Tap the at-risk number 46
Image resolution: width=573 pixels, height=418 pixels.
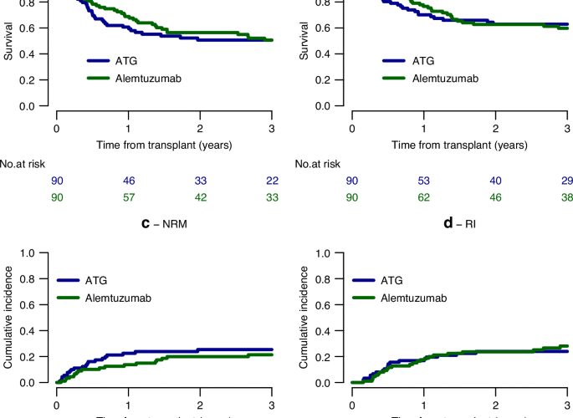128,181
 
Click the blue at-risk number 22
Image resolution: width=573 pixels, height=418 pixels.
271,181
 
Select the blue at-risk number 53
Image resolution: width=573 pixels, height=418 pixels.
424,181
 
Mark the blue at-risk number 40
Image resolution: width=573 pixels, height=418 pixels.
495,181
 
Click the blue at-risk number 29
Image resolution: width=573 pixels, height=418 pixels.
566,181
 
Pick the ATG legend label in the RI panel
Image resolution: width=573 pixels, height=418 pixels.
416,280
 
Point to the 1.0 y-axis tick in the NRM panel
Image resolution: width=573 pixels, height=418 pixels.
30,252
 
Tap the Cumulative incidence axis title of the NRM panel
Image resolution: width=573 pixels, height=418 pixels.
8,318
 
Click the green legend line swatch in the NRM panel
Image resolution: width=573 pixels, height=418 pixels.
74,297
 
